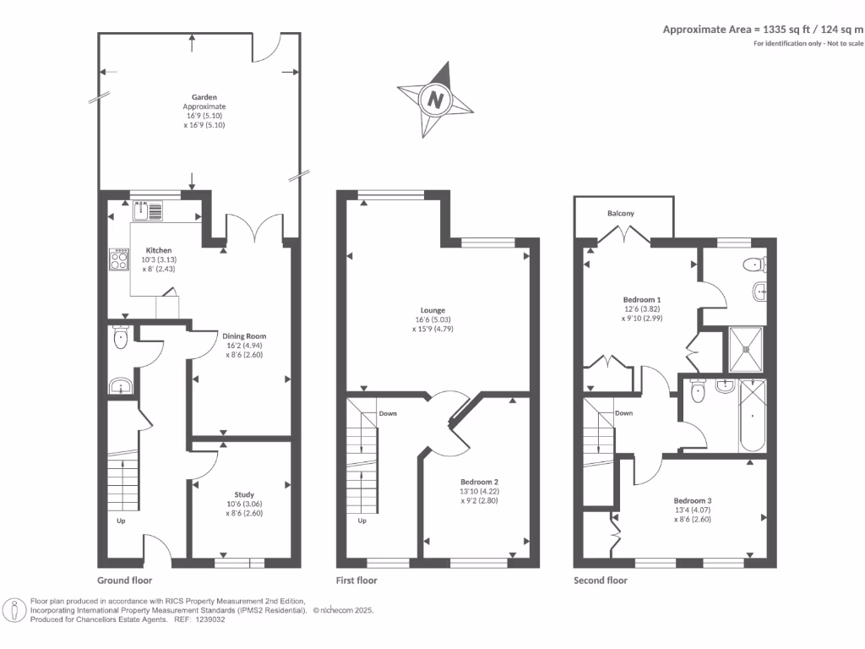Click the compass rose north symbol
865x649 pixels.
point(436,99)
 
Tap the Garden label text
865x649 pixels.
point(204,97)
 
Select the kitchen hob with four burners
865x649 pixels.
point(117,259)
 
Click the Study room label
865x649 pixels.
point(244,494)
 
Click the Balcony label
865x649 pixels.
point(621,214)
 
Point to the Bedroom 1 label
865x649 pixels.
point(642,299)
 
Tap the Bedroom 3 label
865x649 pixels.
point(692,499)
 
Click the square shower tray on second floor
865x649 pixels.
point(747,349)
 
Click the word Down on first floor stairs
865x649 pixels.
point(388,413)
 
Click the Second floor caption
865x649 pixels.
point(601,581)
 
